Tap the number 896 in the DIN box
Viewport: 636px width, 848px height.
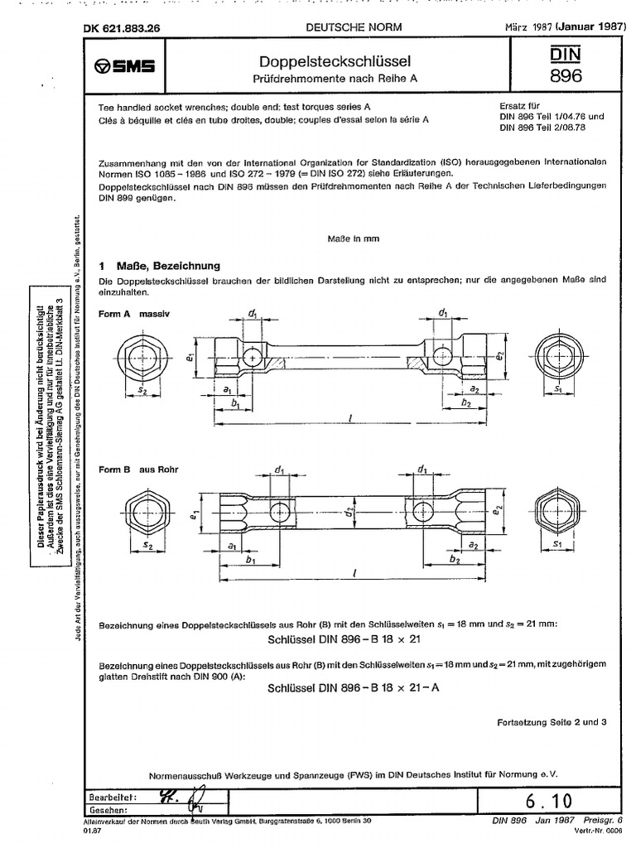566,76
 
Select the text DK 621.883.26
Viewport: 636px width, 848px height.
121,27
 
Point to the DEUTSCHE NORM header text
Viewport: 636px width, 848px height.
354,27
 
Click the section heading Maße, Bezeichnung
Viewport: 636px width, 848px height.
158,266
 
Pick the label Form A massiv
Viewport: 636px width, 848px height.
133,316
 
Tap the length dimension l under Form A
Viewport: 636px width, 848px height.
351,419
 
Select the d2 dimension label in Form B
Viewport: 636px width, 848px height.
351,512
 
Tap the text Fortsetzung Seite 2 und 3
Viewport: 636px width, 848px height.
552,721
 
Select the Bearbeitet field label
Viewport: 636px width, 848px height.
111,796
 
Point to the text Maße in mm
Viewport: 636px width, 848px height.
353,238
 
